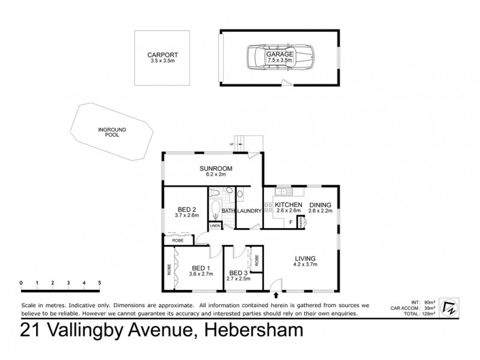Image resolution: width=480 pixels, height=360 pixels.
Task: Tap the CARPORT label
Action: pyautogui.click(x=163, y=55)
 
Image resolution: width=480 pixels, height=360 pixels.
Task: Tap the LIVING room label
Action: pyautogui.click(x=304, y=259)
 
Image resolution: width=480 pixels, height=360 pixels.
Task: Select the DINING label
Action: pyautogui.click(x=320, y=205)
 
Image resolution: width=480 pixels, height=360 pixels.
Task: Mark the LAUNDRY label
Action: pyautogui.click(x=249, y=211)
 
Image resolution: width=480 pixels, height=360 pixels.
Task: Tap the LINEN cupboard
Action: pyautogui.click(x=215, y=225)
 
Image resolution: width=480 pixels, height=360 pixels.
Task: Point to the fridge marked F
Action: pyautogui.click(x=291, y=222)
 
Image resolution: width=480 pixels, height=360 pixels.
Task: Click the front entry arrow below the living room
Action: pyautogui.click(x=276, y=294)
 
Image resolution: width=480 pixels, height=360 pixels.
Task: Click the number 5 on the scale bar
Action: pyautogui.click(x=100, y=282)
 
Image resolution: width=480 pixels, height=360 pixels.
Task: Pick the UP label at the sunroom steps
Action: pyautogui.click(x=231, y=145)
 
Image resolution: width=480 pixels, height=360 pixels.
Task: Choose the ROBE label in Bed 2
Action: pyautogui.click(x=178, y=240)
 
